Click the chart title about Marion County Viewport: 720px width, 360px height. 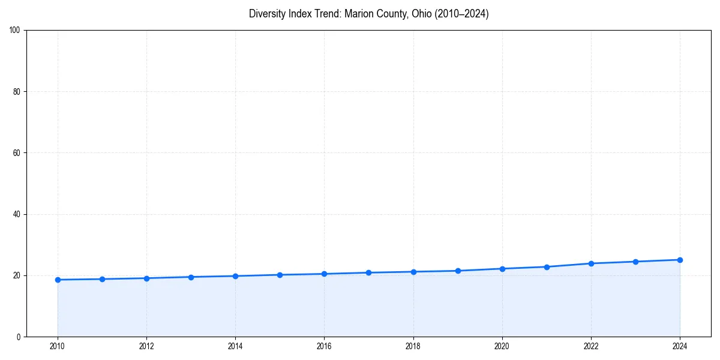point(368,14)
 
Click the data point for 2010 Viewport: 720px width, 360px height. point(58,280)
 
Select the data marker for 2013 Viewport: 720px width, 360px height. point(191,277)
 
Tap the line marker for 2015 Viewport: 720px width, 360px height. point(280,275)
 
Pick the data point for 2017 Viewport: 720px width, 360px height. point(368,272)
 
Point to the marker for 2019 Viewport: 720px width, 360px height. point(458,271)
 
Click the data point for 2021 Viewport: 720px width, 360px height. point(547,267)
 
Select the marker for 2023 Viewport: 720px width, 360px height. point(635,262)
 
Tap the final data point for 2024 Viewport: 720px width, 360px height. point(680,260)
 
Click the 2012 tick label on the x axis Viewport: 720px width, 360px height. point(146,346)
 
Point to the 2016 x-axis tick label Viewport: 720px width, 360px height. point(324,346)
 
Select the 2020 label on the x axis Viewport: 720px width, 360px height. point(502,346)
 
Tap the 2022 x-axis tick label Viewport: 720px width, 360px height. point(591,346)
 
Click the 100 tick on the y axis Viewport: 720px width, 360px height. point(15,31)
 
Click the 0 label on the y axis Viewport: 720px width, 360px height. point(19,337)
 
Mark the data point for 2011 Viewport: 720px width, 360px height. point(102,279)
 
